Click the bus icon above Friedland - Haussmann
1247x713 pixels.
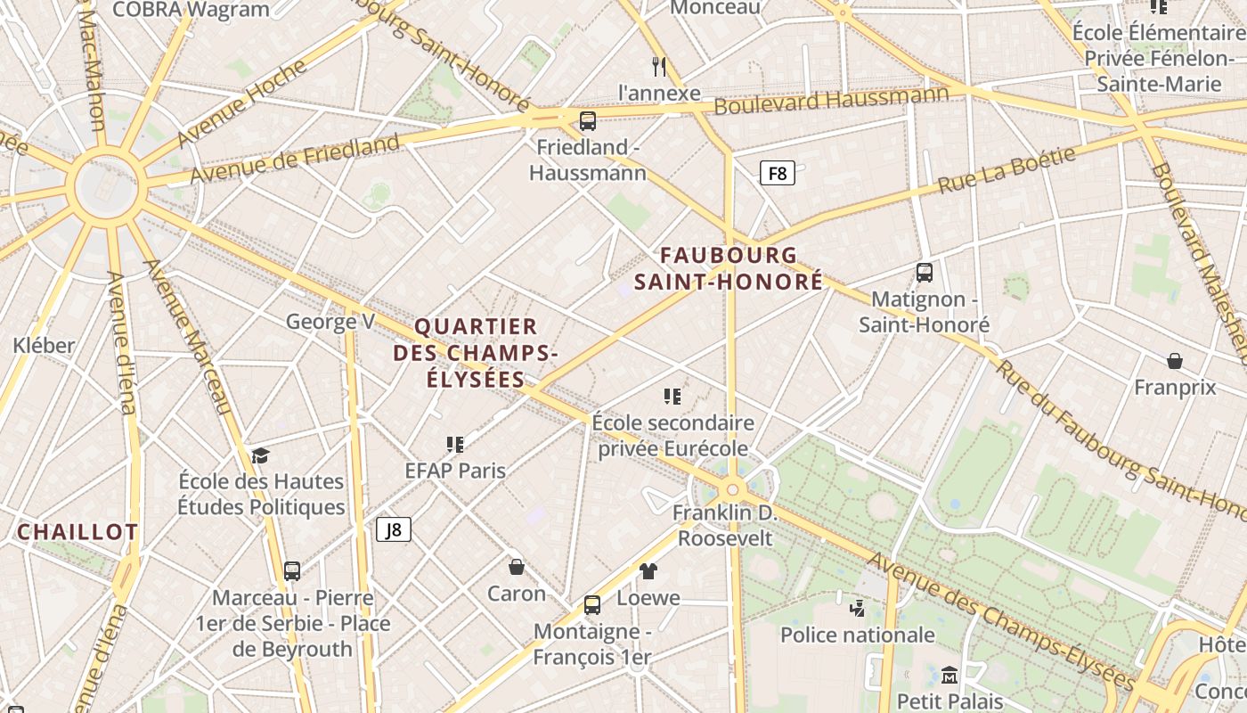588,121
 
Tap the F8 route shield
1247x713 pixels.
777,173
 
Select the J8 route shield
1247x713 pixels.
393,529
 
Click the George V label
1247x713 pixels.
330,322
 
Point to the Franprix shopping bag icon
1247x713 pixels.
1175,361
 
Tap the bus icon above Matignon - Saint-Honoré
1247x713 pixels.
925,273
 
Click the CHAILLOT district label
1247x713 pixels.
78,532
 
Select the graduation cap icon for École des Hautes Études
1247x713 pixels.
260,455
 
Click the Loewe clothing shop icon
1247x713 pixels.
648,571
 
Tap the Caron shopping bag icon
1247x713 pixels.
517,567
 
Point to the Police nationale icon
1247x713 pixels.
857,609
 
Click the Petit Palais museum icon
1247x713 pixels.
950,675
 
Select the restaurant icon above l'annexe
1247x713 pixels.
659,66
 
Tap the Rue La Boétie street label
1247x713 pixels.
1007,171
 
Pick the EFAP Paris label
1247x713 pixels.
455,471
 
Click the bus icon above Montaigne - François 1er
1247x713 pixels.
592,605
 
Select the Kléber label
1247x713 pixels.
44,345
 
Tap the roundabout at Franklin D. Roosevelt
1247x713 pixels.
733,488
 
